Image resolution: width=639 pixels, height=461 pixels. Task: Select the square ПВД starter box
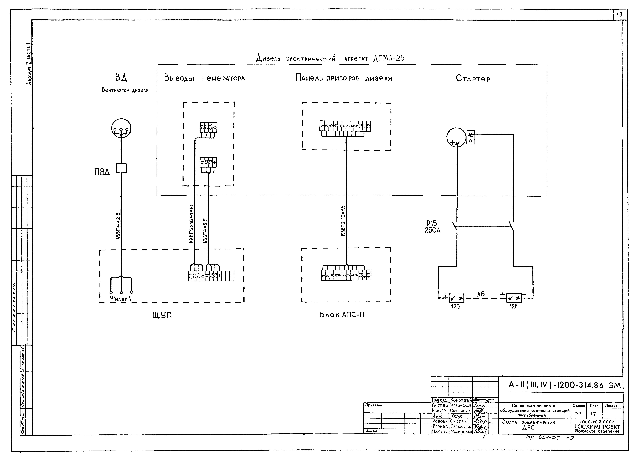coord(121,168)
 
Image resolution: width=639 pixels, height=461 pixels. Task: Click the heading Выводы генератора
coord(204,78)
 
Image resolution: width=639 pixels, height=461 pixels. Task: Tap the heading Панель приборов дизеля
coord(343,78)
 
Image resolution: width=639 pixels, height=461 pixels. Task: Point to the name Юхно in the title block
coord(456,416)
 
